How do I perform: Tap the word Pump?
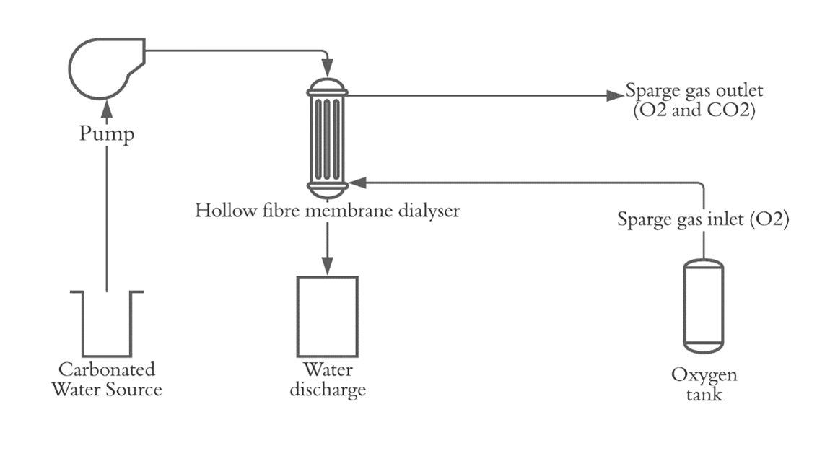(x=107, y=134)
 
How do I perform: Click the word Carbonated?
(x=107, y=370)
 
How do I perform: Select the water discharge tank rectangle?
(x=328, y=317)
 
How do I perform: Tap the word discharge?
(x=328, y=390)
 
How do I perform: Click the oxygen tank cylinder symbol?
(x=703, y=307)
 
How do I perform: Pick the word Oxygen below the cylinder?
(x=704, y=375)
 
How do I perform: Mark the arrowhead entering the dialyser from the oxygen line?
(x=356, y=183)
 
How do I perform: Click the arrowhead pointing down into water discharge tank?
(x=328, y=268)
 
